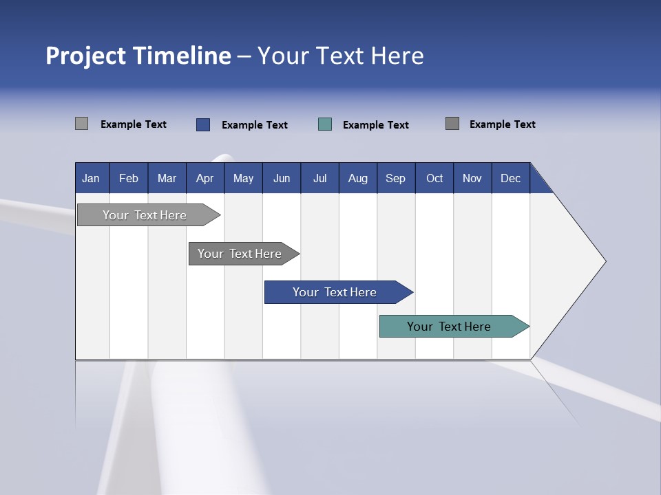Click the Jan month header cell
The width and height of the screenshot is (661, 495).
(92, 178)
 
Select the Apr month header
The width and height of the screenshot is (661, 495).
(205, 178)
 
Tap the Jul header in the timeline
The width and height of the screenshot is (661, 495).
(319, 178)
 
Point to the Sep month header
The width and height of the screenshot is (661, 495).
(396, 178)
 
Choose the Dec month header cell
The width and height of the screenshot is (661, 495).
(510, 178)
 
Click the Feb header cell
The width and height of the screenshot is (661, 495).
(129, 178)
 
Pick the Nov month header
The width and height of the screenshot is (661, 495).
(472, 178)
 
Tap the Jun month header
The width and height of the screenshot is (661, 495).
(282, 178)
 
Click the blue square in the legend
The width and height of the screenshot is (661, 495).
(203, 124)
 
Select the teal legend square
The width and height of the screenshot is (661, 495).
(325, 124)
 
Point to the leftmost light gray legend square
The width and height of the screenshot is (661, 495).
(82, 124)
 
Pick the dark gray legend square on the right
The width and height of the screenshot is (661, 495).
(452, 124)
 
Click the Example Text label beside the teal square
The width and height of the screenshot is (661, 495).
(376, 125)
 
